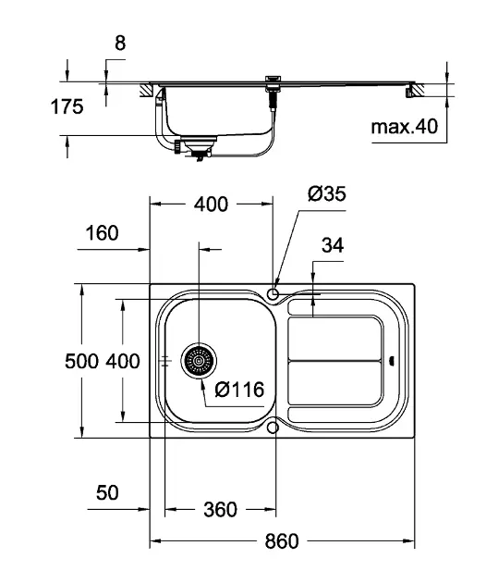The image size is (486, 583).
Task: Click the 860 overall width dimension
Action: coord(282,541)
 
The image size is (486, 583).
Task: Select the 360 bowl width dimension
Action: coord(220,509)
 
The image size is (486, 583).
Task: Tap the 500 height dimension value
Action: coord(81,362)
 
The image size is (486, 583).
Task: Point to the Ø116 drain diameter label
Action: coord(239,390)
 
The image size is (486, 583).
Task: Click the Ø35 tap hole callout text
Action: coord(327,193)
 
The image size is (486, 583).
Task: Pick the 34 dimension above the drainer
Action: coord(333,245)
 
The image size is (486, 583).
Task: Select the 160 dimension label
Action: coord(102,233)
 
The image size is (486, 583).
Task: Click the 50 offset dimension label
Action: coord(107,492)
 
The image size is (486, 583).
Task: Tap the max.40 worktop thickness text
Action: coord(405,127)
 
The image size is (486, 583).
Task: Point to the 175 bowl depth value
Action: coord(67,106)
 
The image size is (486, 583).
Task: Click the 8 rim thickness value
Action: coord(120,43)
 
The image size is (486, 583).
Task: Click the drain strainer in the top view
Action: coord(199,361)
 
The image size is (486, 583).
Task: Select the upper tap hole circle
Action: coord(273,294)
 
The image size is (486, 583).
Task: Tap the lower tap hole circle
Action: coord(273,428)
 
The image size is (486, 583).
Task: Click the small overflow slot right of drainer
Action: coord(392,361)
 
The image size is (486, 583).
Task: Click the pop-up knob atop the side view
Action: coord(273,79)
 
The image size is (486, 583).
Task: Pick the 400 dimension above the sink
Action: coord(211,205)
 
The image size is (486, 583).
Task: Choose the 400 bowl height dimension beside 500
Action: coord(123,362)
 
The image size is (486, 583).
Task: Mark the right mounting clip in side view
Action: coord(408,92)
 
